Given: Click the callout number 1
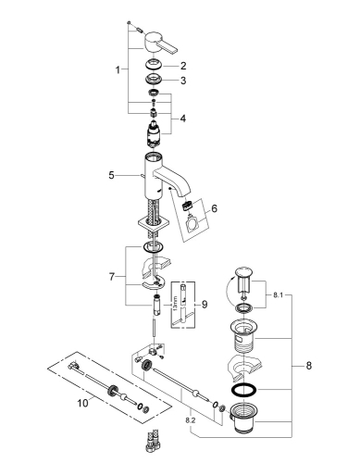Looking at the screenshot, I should coord(116,70).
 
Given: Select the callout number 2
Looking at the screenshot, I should coord(183,65).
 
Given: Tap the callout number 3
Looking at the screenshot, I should coord(183,81).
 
